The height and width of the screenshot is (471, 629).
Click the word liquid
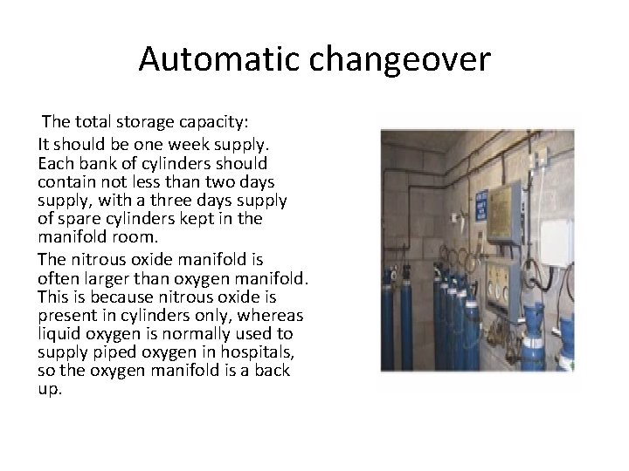[x=60, y=334]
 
